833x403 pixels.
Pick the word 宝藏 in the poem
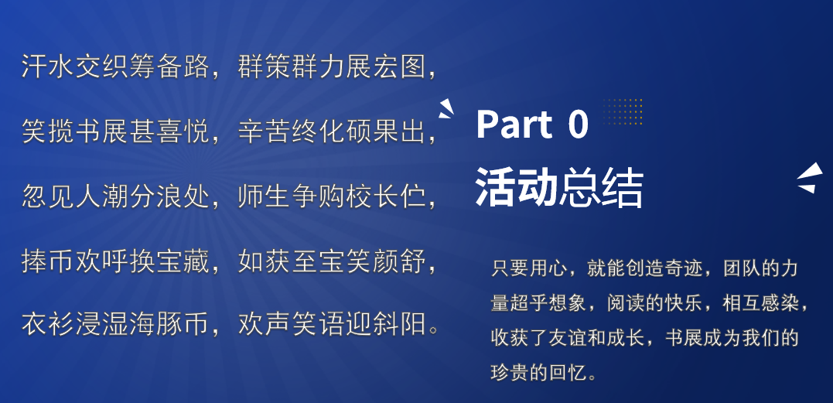[183, 261]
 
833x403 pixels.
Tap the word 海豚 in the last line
[156, 325]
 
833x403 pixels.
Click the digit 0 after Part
[578, 125]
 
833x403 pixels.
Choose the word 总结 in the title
[601, 188]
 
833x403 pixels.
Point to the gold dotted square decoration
[623, 111]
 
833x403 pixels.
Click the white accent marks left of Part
[446, 109]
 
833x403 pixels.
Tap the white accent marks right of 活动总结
[810, 178]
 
